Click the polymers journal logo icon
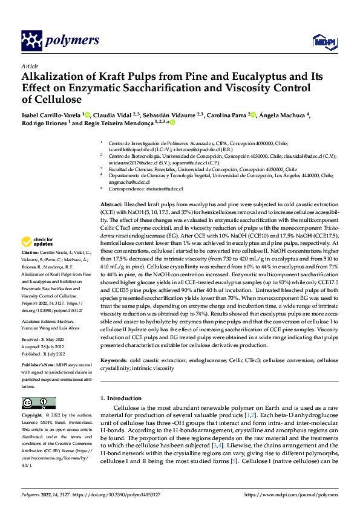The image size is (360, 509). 31,41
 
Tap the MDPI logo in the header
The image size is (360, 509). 321,41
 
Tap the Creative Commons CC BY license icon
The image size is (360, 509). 39,403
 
